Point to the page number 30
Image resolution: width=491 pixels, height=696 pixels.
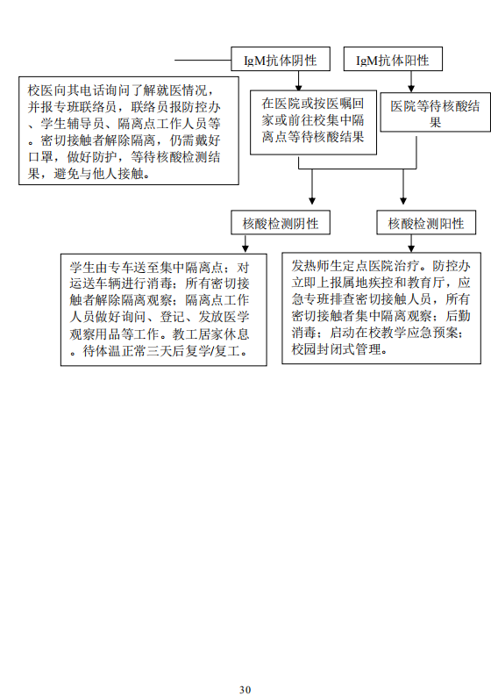coord(245,689)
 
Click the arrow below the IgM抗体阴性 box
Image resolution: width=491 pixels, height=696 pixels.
coord(298,81)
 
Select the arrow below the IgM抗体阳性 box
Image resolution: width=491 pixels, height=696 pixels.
coord(411,82)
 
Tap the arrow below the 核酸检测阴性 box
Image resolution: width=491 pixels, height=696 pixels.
coord(245,244)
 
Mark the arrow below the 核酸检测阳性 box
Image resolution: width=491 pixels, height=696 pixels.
coord(411,243)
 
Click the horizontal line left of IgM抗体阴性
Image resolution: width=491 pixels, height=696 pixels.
coord(203,60)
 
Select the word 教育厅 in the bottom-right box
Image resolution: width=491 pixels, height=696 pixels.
coord(425,283)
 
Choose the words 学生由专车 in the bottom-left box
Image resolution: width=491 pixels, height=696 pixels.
coord(102,268)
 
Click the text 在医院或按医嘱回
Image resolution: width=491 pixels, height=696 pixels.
coord(313,104)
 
